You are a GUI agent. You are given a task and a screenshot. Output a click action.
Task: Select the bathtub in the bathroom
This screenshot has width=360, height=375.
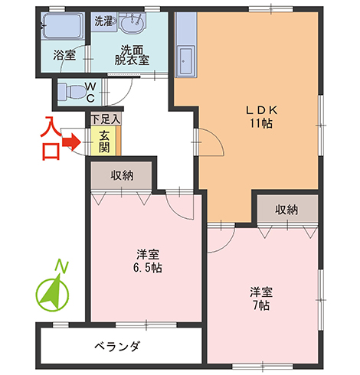point(62,29)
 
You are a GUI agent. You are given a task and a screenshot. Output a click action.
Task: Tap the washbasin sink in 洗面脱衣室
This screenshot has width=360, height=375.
point(131,26)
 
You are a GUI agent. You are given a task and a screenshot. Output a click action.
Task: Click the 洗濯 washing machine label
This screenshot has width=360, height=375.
point(103,21)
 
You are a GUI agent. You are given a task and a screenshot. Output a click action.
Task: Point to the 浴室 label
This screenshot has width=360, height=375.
point(64,55)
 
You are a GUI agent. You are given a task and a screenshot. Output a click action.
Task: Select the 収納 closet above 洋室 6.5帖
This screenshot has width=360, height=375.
point(122,175)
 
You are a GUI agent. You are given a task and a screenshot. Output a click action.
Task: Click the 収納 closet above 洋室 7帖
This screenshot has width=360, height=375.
point(286,209)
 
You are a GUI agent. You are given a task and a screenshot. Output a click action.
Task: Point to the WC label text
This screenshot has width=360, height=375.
point(90,92)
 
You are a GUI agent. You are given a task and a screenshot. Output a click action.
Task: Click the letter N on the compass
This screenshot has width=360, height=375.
point(65,266)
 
